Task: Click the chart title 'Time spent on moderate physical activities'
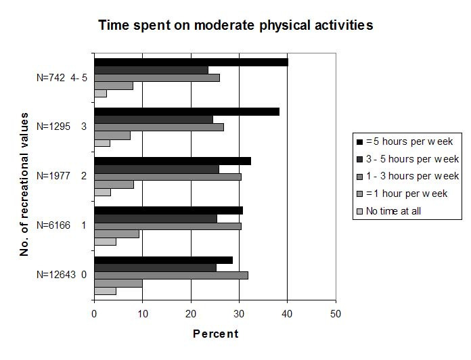pos(235,26)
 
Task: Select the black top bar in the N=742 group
pos(191,62)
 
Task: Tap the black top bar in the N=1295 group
pos(187,112)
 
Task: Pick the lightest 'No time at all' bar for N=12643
pos(105,292)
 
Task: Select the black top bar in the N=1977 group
pos(173,161)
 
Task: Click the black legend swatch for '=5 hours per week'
pos(360,141)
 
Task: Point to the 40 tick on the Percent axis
pos(288,314)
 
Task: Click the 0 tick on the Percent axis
pos(95,314)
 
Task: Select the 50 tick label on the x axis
pos(336,314)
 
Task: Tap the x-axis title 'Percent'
pos(215,334)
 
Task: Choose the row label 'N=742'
pos(51,78)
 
